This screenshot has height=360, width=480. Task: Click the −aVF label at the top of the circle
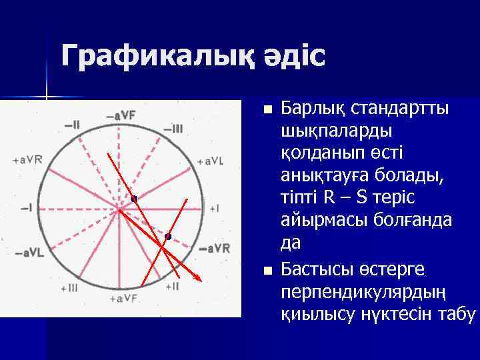click(x=120, y=115)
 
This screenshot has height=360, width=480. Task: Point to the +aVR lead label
click(x=27, y=159)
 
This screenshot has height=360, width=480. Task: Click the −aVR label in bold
click(x=215, y=249)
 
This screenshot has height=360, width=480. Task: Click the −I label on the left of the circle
click(x=27, y=208)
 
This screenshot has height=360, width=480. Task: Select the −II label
click(x=72, y=123)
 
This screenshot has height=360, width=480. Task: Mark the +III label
click(x=69, y=288)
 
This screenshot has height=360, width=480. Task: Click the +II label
click(x=171, y=287)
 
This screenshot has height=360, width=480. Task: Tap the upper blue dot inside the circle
click(x=134, y=199)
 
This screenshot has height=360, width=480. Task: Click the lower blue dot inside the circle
click(x=168, y=237)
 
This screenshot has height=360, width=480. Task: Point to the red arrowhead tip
click(x=202, y=278)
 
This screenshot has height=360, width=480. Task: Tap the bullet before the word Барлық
click(x=268, y=109)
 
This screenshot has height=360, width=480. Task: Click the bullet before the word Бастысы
click(x=268, y=271)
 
